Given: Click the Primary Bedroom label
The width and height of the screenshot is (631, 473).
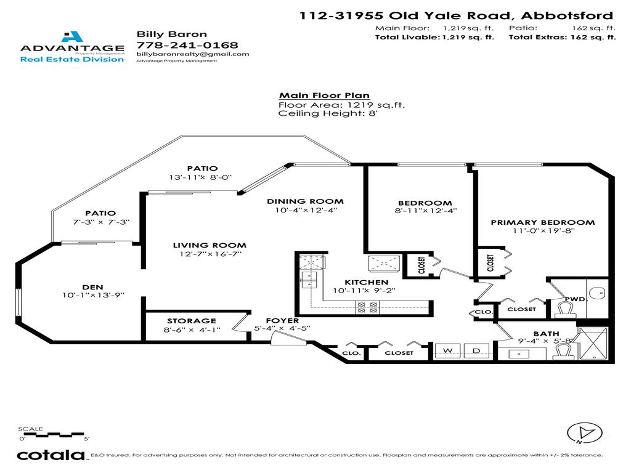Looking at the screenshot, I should [542, 222].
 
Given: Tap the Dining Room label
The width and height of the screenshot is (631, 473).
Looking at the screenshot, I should [305, 201].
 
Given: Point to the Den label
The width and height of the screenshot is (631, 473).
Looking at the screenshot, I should [92, 286].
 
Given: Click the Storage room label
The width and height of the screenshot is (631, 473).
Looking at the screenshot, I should [192, 321].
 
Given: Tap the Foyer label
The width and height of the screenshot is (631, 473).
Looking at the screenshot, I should [282, 321].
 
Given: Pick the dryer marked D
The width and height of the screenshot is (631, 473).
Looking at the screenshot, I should [476, 351].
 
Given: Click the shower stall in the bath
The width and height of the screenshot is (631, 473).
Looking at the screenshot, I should [593, 344].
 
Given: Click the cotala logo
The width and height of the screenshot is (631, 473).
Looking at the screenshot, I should [51, 455].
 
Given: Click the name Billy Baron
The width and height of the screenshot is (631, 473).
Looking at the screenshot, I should [163, 34].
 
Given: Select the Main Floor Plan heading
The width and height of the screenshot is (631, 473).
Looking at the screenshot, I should [324, 95].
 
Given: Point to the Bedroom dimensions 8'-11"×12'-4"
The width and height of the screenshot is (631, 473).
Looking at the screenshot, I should [425, 211].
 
